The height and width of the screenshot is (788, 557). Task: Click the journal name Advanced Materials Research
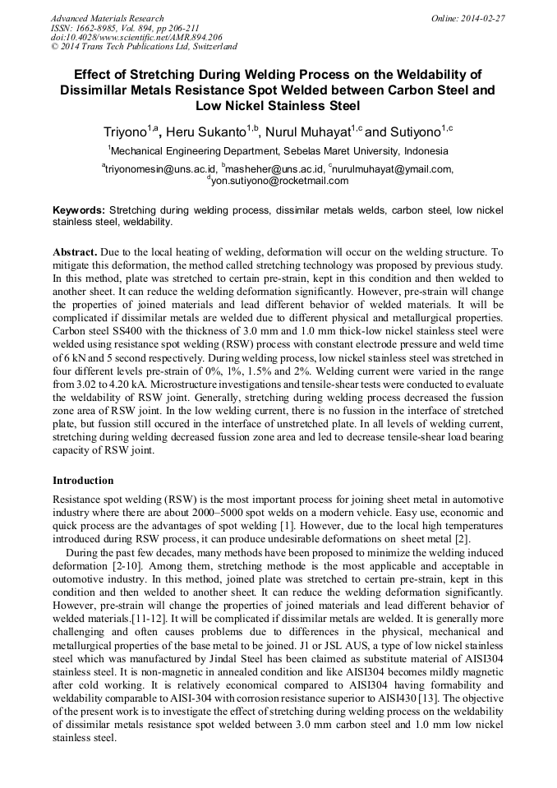107,18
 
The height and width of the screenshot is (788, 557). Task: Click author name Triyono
124,131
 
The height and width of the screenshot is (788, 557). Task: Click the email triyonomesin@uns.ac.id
157,169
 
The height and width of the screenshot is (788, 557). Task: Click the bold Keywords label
79,210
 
